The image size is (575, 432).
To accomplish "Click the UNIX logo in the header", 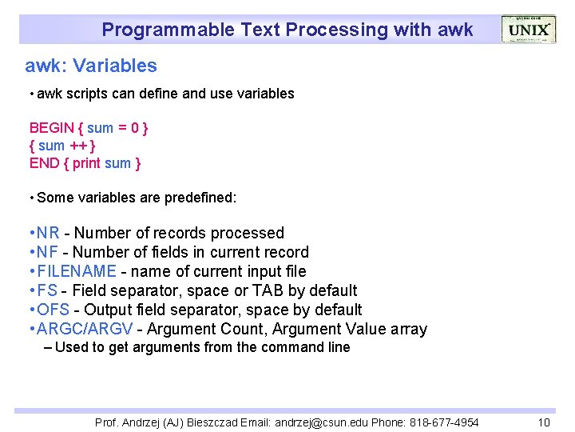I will click(x=528, y=30).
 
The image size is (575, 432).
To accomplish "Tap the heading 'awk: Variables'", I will click(x=91, y=66).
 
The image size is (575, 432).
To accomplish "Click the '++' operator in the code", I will click(x=78, y=146).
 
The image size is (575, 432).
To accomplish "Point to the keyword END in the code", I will click(x=44, y=163).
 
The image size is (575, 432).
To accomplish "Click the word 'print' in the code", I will click(x=87, y=163).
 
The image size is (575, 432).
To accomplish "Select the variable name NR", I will click(x=48, y=233).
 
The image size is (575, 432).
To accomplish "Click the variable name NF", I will click(x=48, y=252).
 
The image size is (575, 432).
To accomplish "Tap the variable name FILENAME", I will click(x=77, y=271).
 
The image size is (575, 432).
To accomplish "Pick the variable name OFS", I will click(x=53, y=310).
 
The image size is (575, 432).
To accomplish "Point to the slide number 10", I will click(x=544, y=422).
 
